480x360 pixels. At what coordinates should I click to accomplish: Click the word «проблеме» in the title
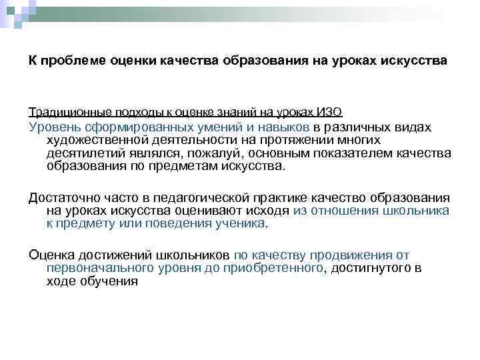point(70,61)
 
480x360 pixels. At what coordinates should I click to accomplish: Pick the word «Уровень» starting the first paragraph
point(52,127)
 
